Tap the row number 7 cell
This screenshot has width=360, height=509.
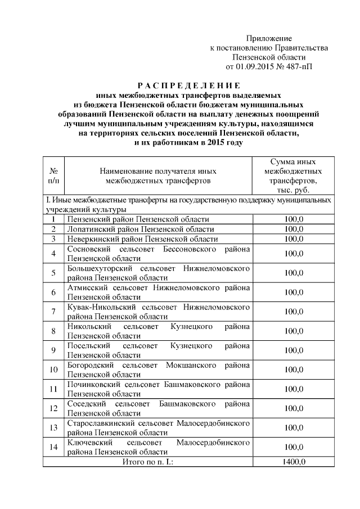[53, 312]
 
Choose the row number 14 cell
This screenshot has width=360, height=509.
[53, 447]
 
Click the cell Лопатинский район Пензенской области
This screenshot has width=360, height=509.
[140, 229]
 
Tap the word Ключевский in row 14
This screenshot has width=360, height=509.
[86, 443]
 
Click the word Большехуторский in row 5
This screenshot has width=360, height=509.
[97, 268]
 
